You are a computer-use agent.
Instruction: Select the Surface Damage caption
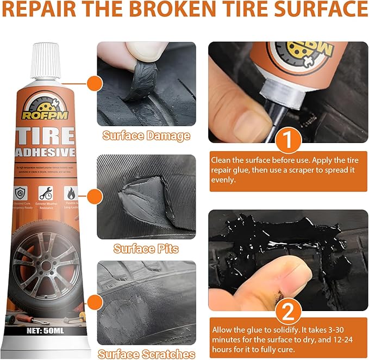[x=146, y=136]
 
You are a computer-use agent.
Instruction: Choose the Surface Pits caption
[x=146, y=249]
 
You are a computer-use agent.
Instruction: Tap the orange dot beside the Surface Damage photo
[x=95, y=83]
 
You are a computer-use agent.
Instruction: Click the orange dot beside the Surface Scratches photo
[x=95, y=301]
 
